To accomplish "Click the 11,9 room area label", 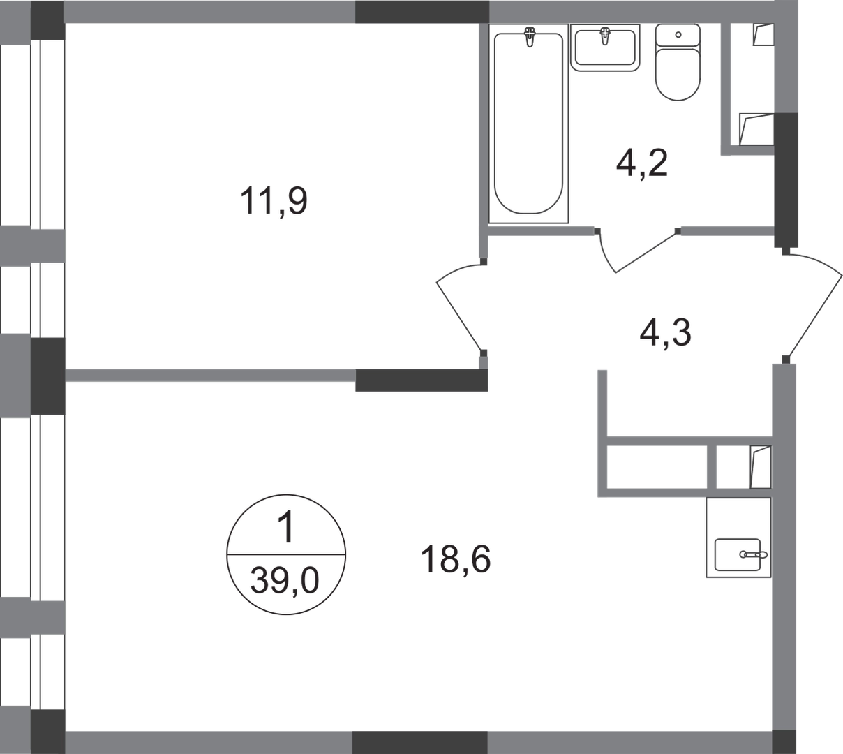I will coord(274,203).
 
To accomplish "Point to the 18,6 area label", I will coord(456,560).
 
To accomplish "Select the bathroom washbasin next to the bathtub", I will coord(606,49).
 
